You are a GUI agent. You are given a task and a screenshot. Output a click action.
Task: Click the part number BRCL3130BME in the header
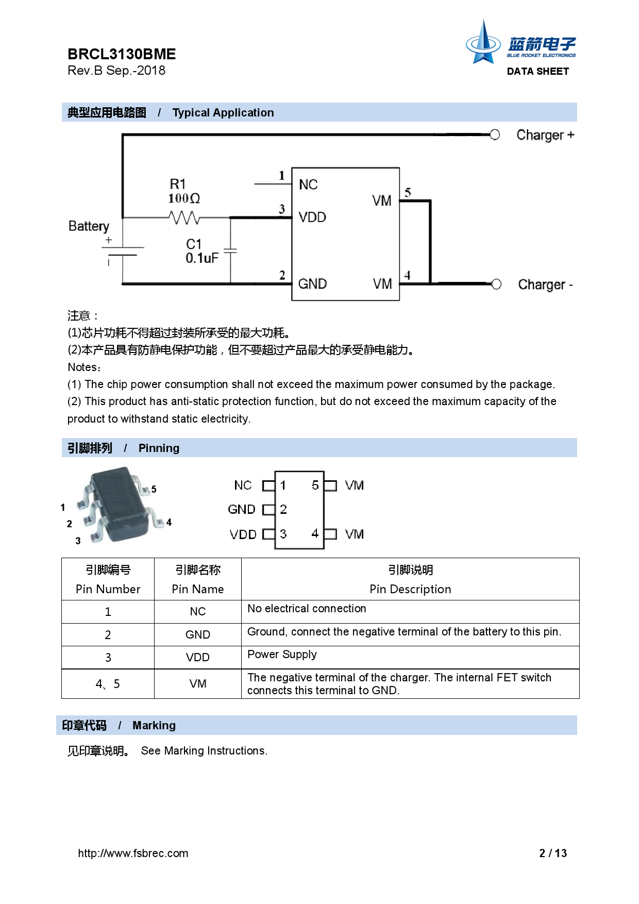pyautogui.click(x=122, y=54)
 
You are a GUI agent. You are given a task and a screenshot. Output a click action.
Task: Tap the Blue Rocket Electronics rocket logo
pyautogui.click(x=483, y=43)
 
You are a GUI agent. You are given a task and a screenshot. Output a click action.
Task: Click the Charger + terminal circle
pyautogui.click(x=495, y=135)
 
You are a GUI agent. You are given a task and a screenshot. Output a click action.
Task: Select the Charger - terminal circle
pyautogui.click(x=496, y=284)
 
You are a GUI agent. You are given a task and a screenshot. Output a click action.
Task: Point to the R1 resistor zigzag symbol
pyautogui.click(x=184, y=218)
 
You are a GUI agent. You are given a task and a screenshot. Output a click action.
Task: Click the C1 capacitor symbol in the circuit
pyautogui.click(x=230, y=251)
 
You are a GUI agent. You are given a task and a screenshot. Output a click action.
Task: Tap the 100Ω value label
pyautogui.click(x=184, y=198)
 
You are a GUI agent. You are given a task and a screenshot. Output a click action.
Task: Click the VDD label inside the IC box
pyautogui.click(x=312, y=217)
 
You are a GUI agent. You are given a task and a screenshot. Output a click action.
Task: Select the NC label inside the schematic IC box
pyautogui.click(x=308, y=185)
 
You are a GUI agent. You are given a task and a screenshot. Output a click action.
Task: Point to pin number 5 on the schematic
pyautogui.click(x=408, y=193)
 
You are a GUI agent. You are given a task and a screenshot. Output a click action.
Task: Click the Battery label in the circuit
pyautogui.click(x=89, y=226)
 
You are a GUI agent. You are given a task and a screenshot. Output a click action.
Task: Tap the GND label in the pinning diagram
pyautogui.click(x=241, y=510)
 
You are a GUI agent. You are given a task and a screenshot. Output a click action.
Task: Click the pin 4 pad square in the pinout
pyautogui.click(x=330, y=534)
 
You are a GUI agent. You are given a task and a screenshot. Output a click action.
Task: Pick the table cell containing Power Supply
pyautogui.click(x=410, y=657)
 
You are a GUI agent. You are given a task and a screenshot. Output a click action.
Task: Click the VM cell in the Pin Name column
pyautogui.click(x=198, y=684)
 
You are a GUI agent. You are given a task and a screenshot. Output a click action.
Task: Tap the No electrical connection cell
pyautogui.click(x=410, y=611)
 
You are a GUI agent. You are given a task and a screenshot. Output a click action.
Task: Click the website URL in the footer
pyautogui.click(x=133, y=853)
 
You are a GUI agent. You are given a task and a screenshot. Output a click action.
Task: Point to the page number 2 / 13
pyautogui.click(x=553, y=853)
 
